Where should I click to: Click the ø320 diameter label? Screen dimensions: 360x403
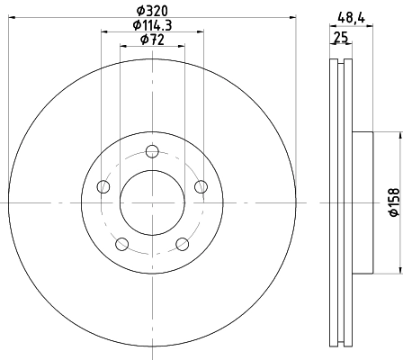[x=151, y=11]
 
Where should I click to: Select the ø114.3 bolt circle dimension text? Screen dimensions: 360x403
[x=151, y=25]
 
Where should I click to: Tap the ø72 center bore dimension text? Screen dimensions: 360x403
[x=151, y=40]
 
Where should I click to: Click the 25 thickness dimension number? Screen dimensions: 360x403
[x=340, y=37]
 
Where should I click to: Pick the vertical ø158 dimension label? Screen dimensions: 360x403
[x=392, y=202]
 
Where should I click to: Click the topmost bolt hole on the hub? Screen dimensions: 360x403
[x=151, y=150]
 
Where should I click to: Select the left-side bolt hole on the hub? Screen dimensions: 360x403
[x=103, y=187]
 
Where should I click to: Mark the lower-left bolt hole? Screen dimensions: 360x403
[x=121, y=243]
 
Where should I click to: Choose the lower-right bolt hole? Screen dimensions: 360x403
[x=182, y=243]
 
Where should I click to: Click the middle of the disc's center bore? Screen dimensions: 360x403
[x=151, y=202]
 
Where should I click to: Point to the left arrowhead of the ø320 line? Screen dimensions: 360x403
[x=11, y=18]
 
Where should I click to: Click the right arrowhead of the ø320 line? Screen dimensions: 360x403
[x=291, y=18]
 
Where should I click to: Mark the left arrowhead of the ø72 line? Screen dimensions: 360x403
[x=123, y=47]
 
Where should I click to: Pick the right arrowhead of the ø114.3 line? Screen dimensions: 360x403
[x=198, y=32]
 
